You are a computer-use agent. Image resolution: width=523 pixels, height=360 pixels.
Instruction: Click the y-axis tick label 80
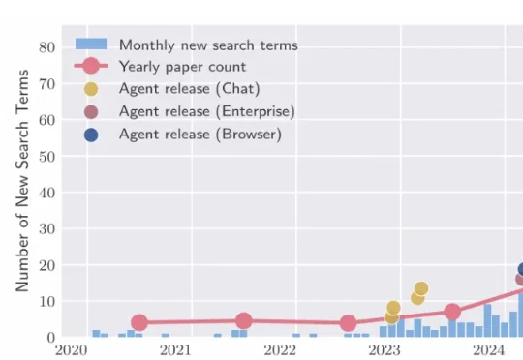[46, 46]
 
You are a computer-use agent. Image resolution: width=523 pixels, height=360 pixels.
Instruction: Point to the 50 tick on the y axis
[46, 156]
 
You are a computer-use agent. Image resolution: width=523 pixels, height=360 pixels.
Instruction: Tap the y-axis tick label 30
[46, 228]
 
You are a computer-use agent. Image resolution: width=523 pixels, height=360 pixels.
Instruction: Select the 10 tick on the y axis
[46, 301]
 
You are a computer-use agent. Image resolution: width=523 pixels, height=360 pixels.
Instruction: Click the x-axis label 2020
[72, 350]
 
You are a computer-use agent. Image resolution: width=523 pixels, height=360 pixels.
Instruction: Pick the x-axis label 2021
[175, 350]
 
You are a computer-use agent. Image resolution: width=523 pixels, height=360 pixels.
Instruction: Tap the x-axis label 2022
[280, 350]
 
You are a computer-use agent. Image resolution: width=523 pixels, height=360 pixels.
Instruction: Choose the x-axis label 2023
[385, 350]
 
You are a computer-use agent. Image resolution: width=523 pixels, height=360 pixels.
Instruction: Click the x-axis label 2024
[489, 350]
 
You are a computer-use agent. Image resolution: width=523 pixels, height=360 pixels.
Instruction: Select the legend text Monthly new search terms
[208, 45]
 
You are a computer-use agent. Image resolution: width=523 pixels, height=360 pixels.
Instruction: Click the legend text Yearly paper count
[182, 67]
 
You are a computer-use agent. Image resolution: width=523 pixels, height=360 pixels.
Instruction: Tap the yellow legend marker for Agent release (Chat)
[91, 89]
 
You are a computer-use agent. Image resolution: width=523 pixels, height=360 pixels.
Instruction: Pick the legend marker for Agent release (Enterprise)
[91, 112]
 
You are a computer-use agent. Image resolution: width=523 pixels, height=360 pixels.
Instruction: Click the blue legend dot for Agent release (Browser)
[91, 135]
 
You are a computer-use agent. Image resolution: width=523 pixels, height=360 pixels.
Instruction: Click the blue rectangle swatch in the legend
[91, 45]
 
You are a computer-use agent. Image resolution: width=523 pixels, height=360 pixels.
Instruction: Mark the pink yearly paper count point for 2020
[139, 322]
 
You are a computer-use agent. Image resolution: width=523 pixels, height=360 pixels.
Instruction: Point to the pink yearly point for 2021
[244, 320]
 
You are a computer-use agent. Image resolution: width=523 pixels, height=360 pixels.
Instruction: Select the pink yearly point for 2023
[452, 312]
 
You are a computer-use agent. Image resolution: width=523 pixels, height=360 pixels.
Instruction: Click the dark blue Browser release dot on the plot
[520, 270]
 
